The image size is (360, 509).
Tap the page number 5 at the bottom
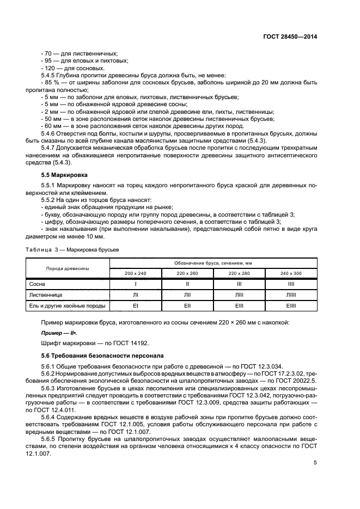(315, 463)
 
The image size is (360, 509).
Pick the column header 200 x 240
(136, 272)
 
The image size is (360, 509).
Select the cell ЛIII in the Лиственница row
(239, 295)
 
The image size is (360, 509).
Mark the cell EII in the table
(187, 306)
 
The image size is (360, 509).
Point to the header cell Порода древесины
(68, 268)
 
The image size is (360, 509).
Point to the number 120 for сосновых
(48, 68)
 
